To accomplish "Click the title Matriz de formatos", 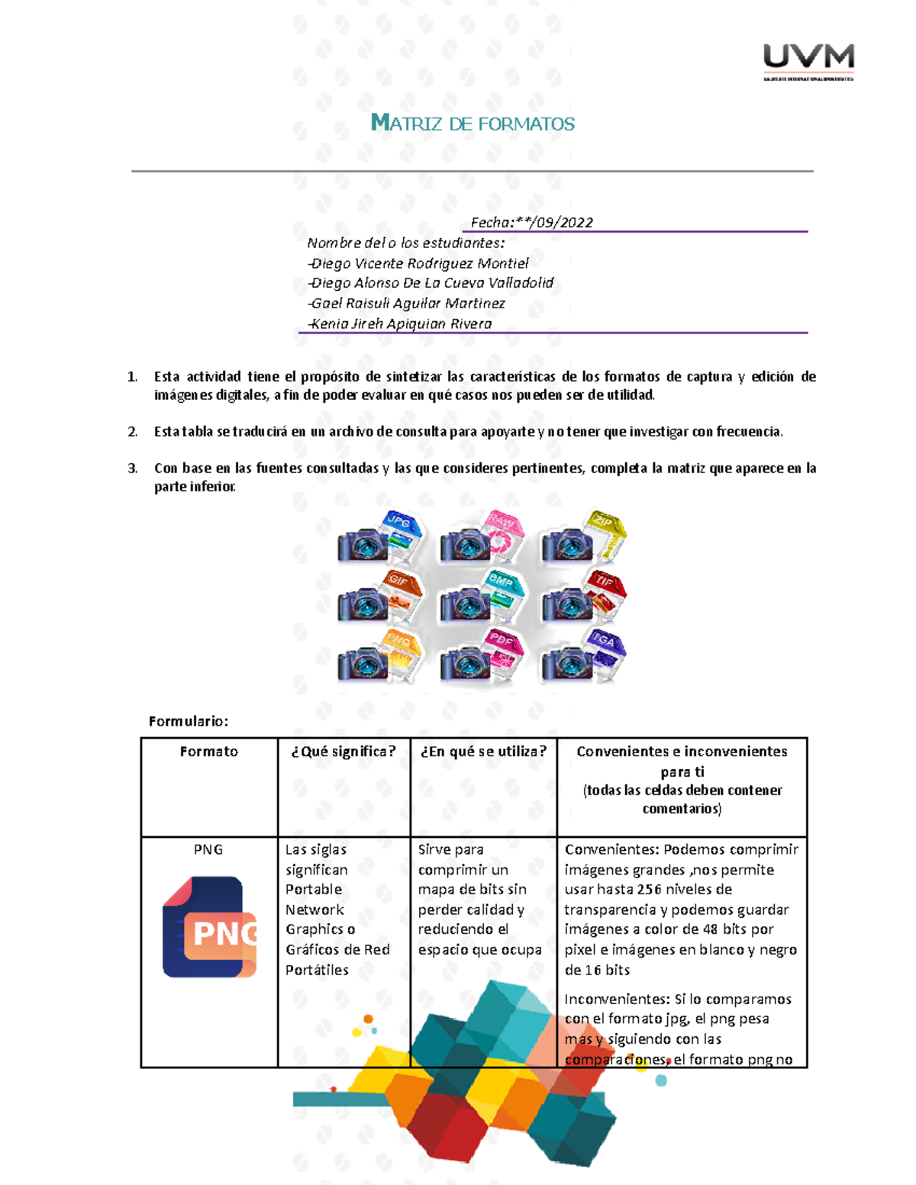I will [473, 124].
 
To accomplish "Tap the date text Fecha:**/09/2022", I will [531, 222].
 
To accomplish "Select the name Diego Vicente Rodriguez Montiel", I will [419, 263].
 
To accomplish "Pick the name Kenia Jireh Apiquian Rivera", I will [401, 324].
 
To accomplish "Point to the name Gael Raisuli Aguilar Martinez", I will [408, 303].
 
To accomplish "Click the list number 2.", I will [132, 432].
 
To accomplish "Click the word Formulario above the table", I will [188, 721].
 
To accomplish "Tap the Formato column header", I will [208, 752].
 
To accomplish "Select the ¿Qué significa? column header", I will [343, 752].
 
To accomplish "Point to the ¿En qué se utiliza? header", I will [483, 752].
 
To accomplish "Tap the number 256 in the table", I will [649, 890].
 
